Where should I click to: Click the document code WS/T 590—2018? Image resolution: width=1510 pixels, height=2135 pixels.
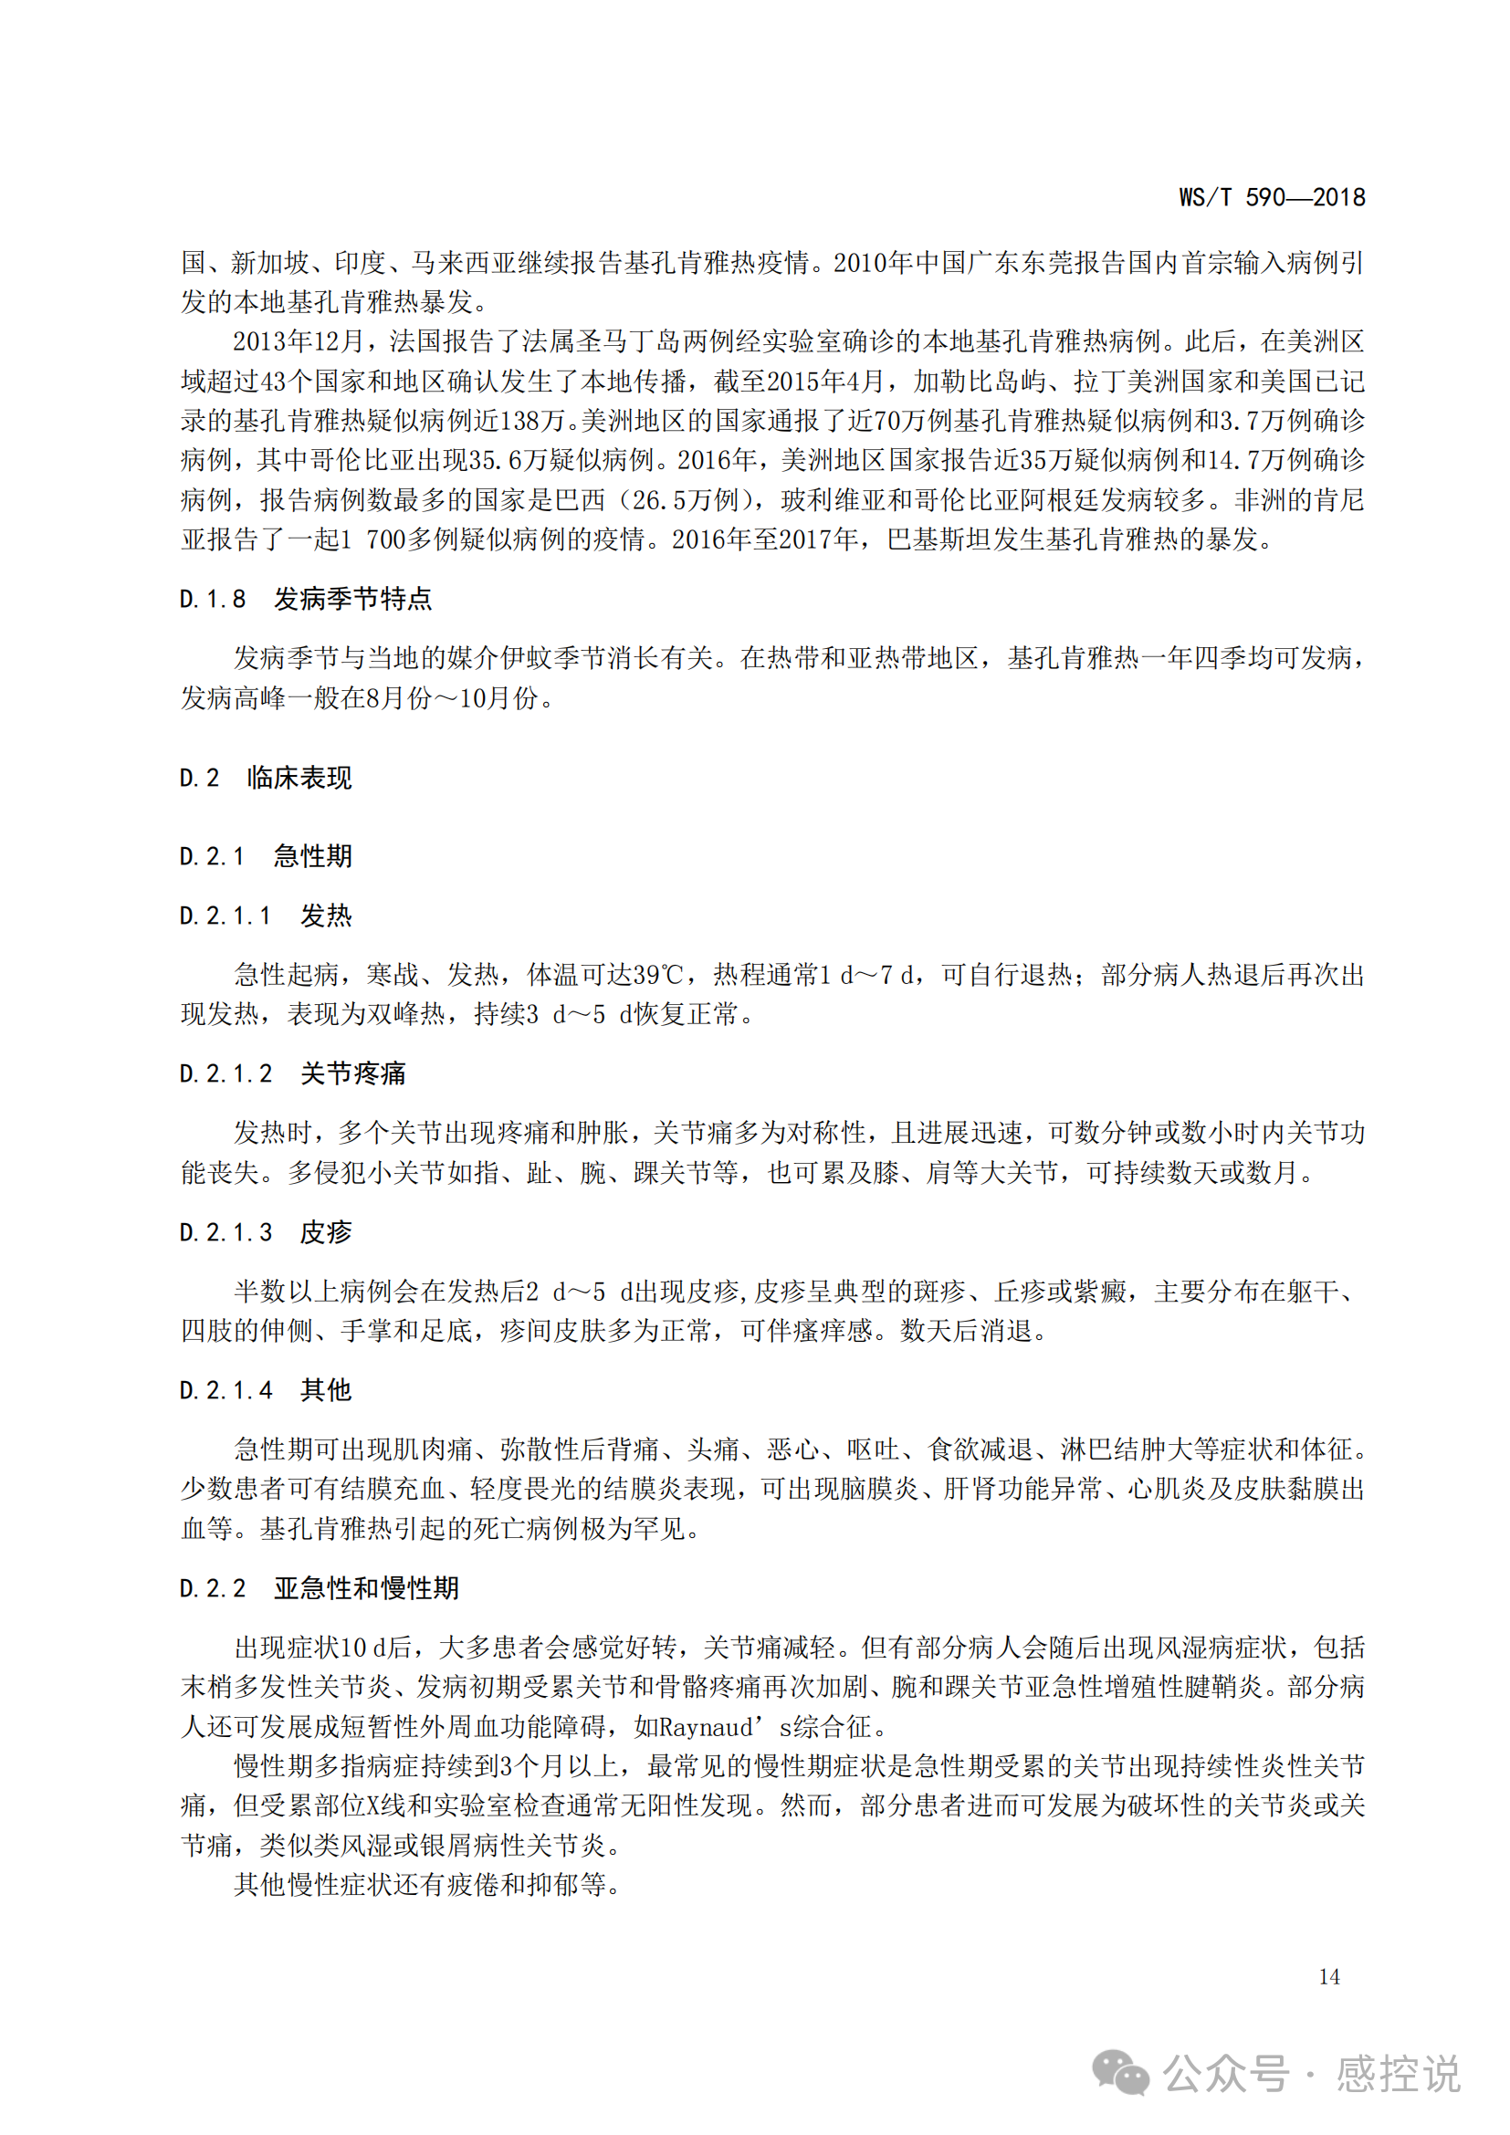pos(1271,197)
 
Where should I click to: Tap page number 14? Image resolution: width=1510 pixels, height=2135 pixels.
pos(1328,1977)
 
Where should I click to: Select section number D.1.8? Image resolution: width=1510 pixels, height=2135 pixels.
pos(213,600)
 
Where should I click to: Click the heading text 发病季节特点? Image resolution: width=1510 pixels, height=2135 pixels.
pos(352,600)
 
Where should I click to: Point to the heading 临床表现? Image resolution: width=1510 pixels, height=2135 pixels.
pos(299,778)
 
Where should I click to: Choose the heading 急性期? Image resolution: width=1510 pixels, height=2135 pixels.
pos(312,856)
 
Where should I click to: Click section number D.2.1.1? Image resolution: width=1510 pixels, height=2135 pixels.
pos(225,916)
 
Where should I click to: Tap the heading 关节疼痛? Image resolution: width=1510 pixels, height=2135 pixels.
pos(352,1074)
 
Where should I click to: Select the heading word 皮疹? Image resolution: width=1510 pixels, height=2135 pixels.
pos(325,1232)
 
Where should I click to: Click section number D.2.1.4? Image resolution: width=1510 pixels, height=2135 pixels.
pos(225,1390)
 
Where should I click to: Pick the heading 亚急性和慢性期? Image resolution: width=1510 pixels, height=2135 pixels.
pos(366,1588)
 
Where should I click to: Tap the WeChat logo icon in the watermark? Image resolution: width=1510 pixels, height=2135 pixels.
pos(1120,2073)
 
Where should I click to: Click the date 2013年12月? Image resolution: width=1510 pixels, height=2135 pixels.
pos(298,341)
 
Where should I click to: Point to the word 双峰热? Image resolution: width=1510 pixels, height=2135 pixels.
pos(406,1013)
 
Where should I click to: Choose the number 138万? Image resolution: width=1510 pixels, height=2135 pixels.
pos(533,421)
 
